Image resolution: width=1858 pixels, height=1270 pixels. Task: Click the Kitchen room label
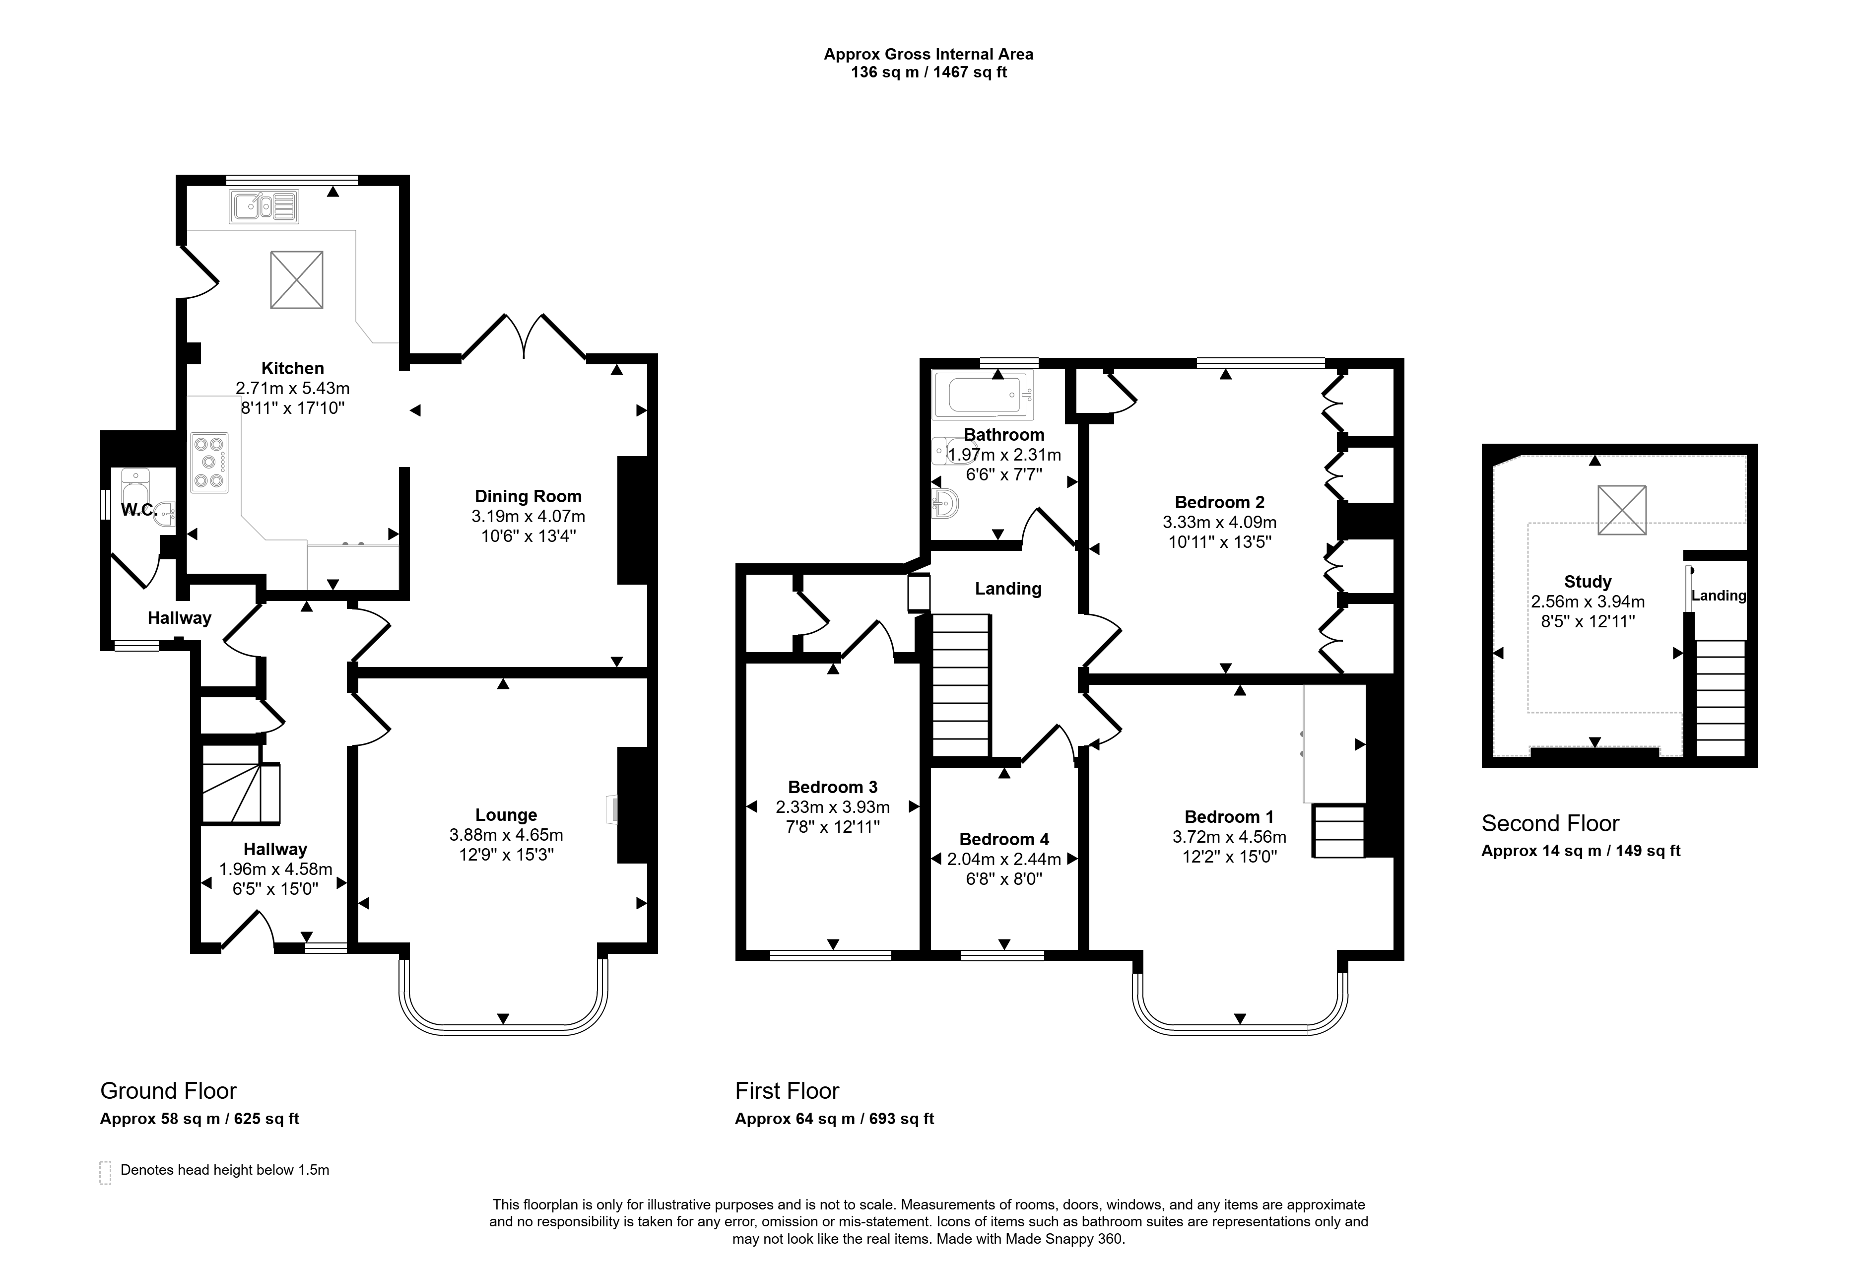[293, 369]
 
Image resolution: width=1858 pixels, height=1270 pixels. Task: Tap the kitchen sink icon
[264, 206]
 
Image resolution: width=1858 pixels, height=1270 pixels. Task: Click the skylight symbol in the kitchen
[297, 280]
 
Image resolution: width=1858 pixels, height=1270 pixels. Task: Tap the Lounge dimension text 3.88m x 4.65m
[506, 835]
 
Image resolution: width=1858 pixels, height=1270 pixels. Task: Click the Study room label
[1587, 582]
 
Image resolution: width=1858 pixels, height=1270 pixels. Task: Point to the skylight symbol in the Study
[1622, 510]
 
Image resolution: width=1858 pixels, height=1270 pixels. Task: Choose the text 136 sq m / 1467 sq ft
[929, 73]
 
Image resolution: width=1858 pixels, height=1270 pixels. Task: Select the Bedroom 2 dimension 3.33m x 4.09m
[1219, 522]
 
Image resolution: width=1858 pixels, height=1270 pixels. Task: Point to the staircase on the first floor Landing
[961, 684]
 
